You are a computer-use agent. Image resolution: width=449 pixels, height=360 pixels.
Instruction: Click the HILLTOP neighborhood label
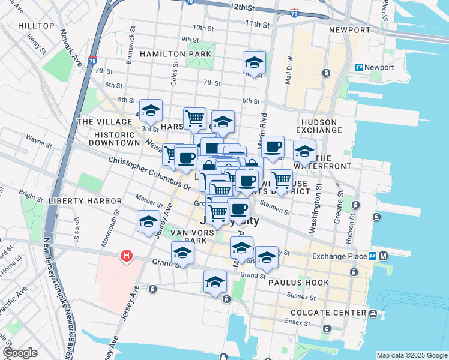point(36,26)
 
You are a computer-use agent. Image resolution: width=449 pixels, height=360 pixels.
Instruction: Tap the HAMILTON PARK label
point(175,54)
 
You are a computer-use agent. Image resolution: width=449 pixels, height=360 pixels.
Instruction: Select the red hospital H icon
point(126,256)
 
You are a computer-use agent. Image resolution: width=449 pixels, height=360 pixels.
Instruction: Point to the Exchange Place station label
point(339,256)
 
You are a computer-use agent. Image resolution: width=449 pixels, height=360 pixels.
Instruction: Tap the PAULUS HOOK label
point(298,282)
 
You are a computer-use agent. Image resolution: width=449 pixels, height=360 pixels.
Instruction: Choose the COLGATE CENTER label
point(328,313)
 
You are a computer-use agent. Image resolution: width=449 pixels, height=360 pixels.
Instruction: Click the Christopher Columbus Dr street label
point(149,174)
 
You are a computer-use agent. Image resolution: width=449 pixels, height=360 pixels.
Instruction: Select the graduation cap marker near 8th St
point(254,62)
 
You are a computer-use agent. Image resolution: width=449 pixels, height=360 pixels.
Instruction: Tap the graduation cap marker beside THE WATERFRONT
point(304,151)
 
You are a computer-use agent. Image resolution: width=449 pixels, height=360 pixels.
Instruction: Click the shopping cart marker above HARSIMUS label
point(194,118)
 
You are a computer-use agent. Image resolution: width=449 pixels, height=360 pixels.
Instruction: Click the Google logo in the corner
point(20,353)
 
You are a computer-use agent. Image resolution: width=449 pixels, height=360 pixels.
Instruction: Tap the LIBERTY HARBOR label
point(77,200)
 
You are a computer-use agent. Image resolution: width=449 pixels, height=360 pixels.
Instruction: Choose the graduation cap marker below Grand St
point(215,283)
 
